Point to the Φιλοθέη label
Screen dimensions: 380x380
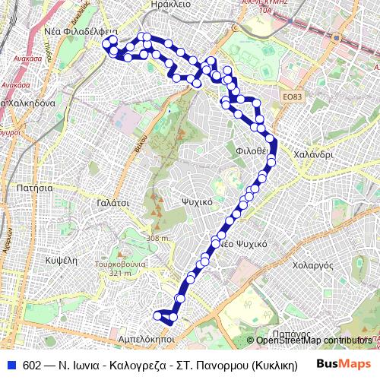point(252,150)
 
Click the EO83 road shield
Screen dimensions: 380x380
point(292,97)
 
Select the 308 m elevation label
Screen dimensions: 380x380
point(158,239)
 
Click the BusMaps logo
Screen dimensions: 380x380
point(343,364)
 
